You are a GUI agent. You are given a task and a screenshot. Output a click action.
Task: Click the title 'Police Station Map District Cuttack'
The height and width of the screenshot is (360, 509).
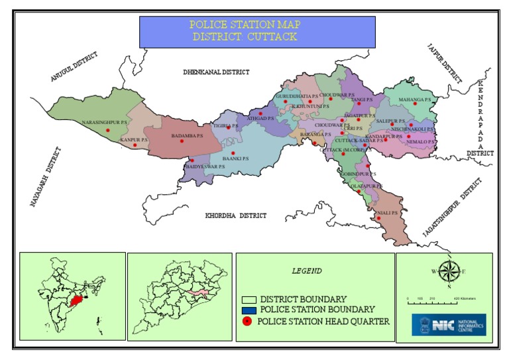[246, 31]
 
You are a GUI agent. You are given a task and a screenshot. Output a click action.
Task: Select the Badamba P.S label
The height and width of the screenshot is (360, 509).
[186, 136]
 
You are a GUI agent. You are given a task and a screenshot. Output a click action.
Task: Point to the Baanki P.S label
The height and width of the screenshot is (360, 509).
[236, 158]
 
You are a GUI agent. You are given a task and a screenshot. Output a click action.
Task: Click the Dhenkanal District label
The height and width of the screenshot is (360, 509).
[216, 72]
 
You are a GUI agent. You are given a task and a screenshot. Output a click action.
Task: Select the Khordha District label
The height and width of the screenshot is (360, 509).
[235, 215]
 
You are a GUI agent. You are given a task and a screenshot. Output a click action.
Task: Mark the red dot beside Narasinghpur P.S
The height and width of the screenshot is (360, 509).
[108, 130]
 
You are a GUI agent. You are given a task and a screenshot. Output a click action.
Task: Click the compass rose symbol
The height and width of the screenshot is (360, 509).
[449, 272]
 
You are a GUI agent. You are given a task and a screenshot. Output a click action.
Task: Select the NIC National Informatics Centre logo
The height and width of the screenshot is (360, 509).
[449, 326]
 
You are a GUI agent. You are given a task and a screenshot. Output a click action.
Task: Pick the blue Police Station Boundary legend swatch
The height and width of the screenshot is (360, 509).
[249, 310]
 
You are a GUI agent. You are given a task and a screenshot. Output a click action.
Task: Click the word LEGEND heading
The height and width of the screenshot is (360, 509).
[307, 270]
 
